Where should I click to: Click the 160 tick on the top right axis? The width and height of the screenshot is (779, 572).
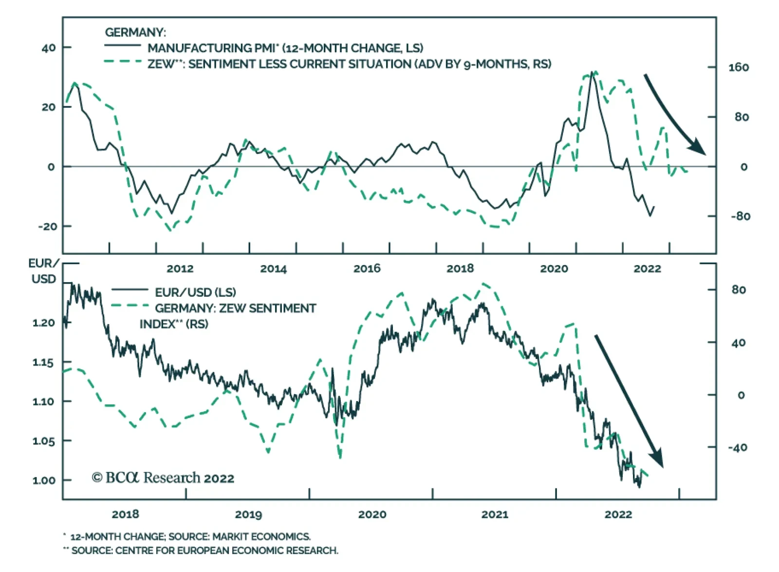click(x=738, y=68)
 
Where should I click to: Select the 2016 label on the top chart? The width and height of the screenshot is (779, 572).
click(x=367, y=268)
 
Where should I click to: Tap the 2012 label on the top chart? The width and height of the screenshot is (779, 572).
click(x=180, y=268)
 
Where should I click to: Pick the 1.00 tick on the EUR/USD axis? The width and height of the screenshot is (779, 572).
click(x=44, y=480)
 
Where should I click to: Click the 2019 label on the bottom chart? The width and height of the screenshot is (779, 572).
click(x=248, y=515)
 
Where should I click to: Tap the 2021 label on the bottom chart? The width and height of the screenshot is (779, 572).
click(x=495, y=515)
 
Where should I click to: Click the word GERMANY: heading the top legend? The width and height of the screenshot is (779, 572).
click(x=135, y=33)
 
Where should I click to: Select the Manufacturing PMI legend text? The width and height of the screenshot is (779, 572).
click(x=285, y=48)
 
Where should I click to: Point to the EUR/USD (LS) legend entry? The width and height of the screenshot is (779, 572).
click(x=195, y=292)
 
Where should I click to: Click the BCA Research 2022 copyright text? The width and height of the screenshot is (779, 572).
click(x=163, y=478)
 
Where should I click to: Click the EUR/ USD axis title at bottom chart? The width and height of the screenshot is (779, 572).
click(x=43, y=271)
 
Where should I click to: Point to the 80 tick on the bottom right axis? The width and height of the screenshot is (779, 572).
click(x=738, y=290)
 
